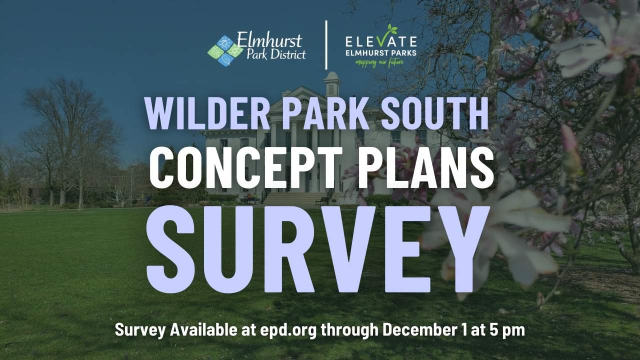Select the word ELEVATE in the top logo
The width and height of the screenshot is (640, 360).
[x=381, y=40]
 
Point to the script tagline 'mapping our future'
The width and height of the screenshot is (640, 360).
[x=379, y=63]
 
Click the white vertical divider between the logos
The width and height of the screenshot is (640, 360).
[x=326, y=45]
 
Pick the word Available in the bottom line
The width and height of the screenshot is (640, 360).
[x=202, y=330]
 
